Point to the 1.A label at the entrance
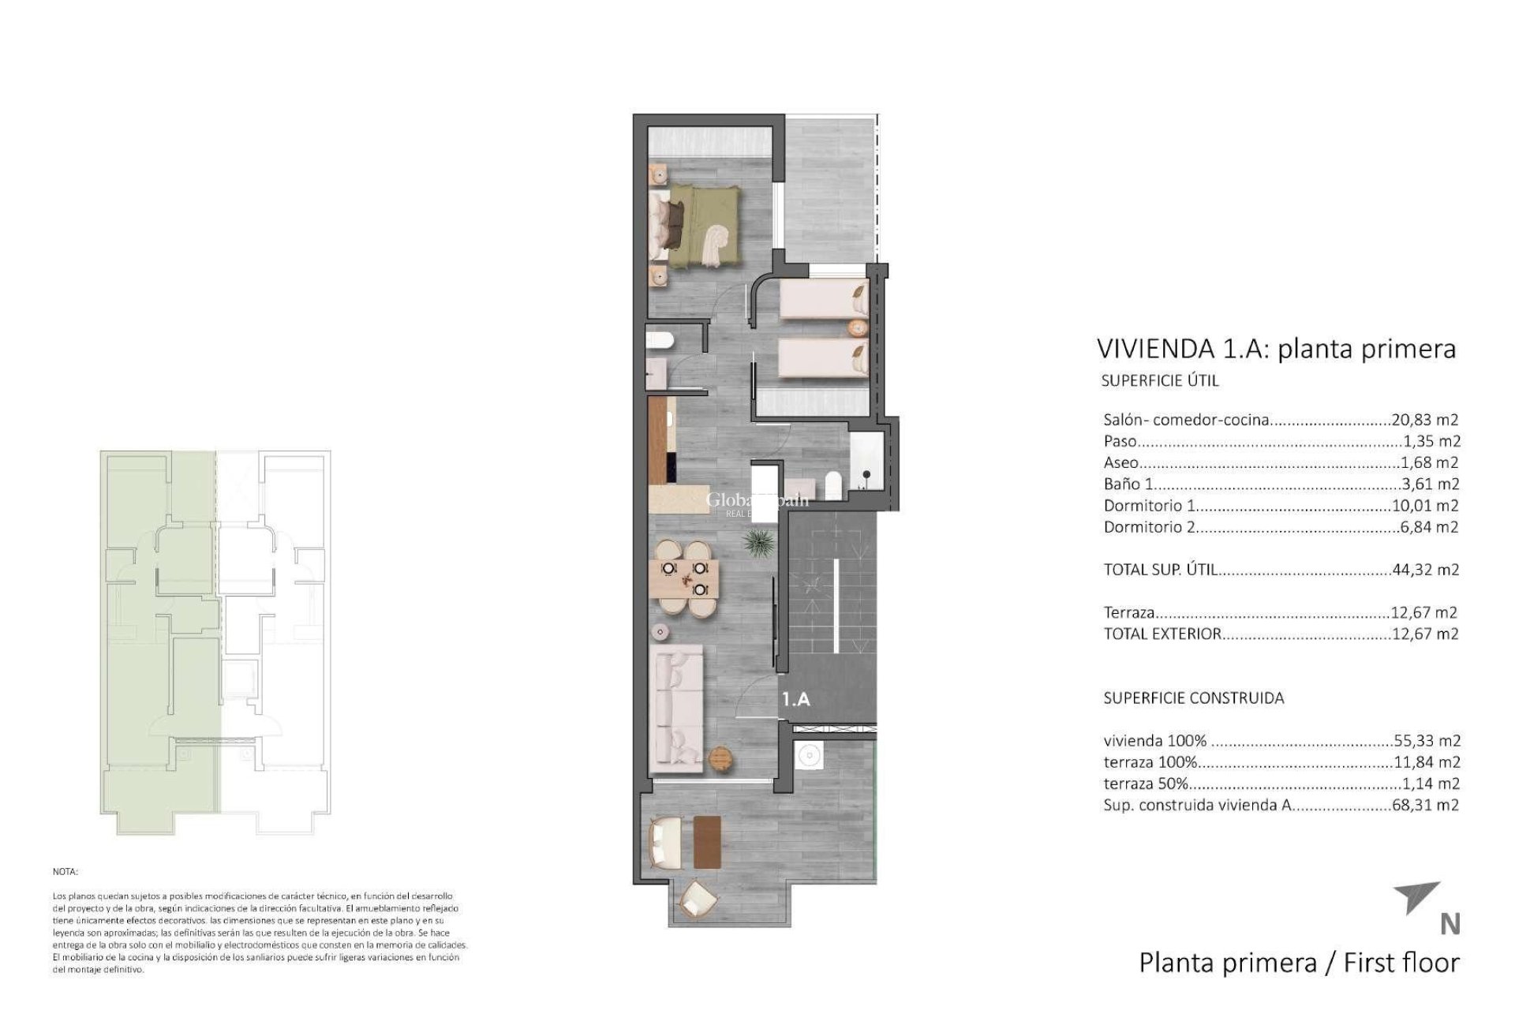coord(796,698)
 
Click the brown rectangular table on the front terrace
coord(708,841)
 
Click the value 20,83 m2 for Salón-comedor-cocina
coord(1423,420)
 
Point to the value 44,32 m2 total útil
coord(1424,569)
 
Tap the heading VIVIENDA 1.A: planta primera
coord(1276,348)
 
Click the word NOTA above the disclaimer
coord(65,872)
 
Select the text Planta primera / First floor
coord(1299,963)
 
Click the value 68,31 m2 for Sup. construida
coord(1424,805)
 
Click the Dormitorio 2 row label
coord(1149,526)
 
